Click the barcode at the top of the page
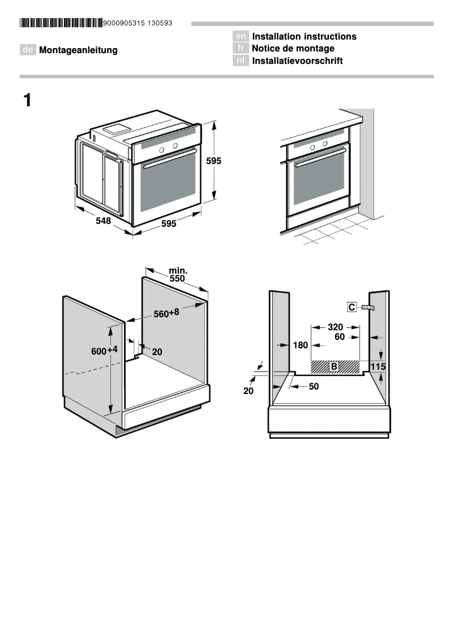coord(61,23)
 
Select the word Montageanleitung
coord(78,50)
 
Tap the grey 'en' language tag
coord(241,37)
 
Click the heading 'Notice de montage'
coord(293,49)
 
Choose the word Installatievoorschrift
coord(297,61)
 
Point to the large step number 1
coord(27,101)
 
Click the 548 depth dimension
coord(103,221)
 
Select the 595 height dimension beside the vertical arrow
coord(213,161)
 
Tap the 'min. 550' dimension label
coord(178,275)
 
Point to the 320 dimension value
coord(336,327)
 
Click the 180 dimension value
coord(301,345)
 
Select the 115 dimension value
coord(378,367)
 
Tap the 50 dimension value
coord(314,387)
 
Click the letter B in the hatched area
coord(334,367)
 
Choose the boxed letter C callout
coord(352,307)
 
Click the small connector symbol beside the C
coord(369,308)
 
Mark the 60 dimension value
coord(340,337)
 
